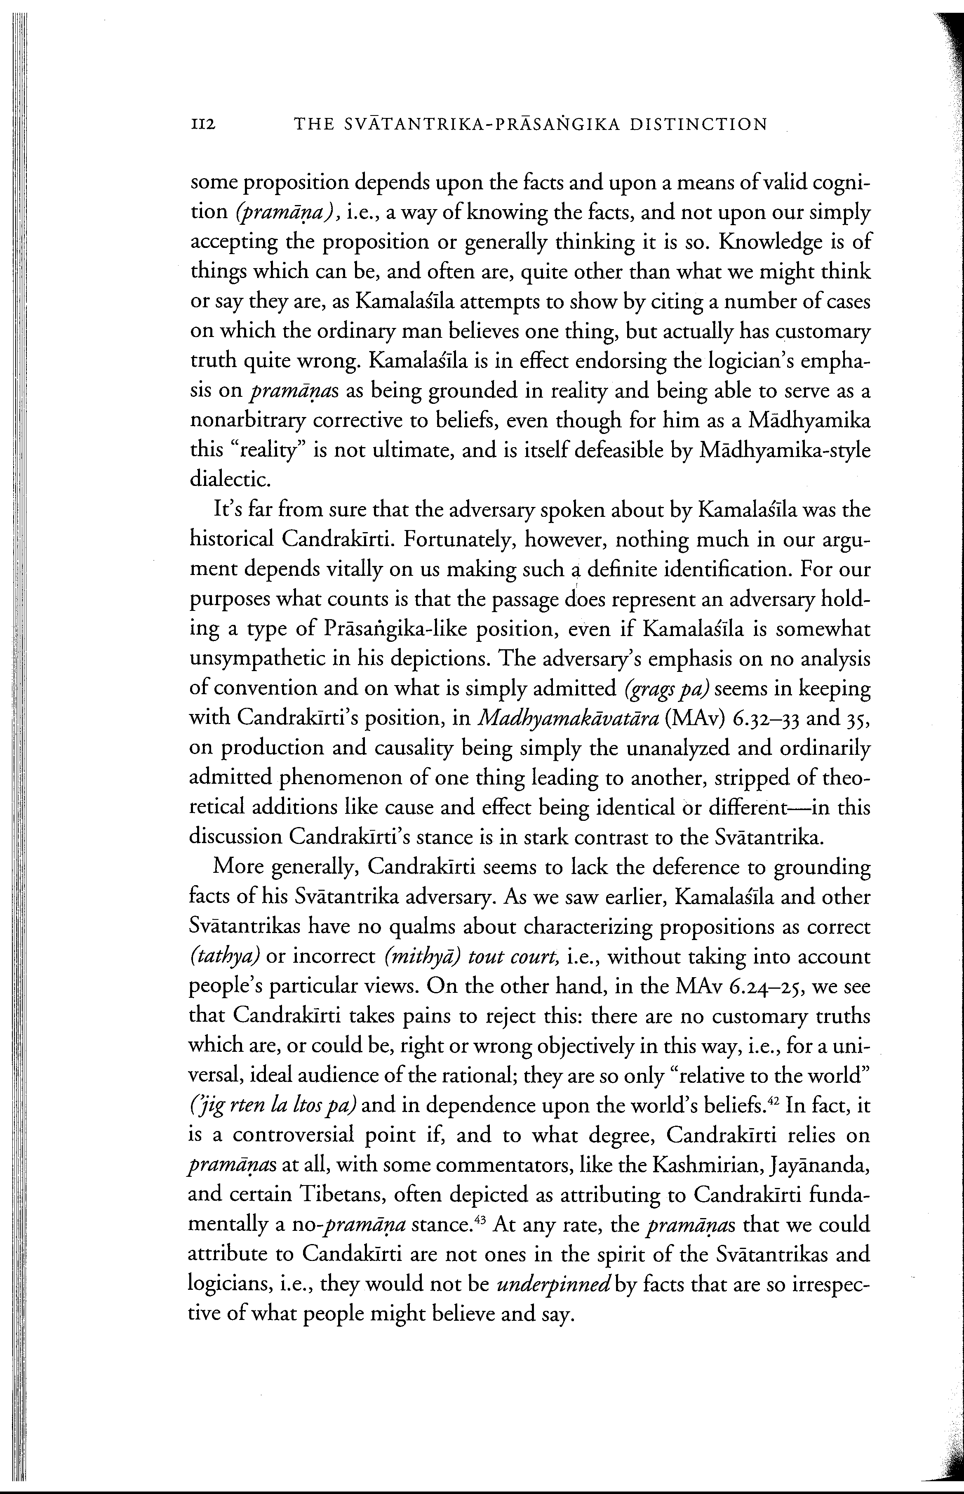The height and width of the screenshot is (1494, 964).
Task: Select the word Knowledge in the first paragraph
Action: click(774, 242)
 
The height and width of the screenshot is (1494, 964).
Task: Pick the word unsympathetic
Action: click(263, 659)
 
